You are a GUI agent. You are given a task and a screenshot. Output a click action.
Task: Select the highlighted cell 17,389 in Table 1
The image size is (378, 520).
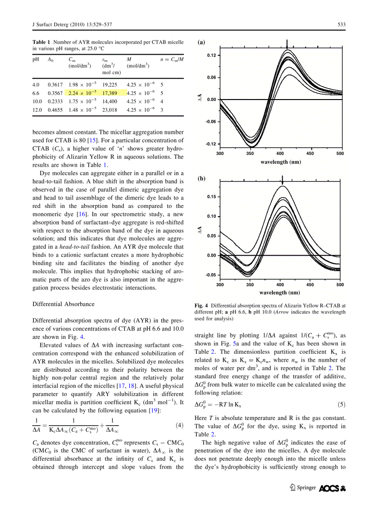point(110,93)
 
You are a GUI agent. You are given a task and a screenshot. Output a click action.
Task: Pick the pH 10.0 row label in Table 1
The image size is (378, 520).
point(37,101)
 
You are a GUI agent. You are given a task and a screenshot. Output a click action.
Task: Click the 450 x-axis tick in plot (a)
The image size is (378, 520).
point(310,153)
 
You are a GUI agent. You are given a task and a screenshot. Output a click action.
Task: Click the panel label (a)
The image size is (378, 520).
point(201,42)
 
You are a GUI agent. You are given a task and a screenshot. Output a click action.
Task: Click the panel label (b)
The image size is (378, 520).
point(201,178)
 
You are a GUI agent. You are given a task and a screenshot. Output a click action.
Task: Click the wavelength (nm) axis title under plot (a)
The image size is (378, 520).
point(280,162)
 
